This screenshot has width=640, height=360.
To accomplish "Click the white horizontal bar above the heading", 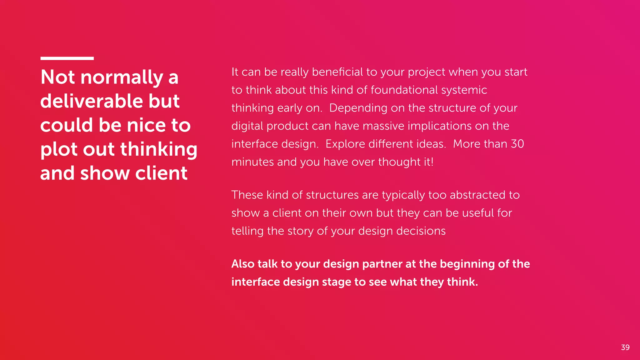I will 67,58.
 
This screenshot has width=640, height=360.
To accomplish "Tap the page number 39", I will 625,347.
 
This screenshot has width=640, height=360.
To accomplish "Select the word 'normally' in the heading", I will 122,77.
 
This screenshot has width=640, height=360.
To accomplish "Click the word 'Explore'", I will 345,144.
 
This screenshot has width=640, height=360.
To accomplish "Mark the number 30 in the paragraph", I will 517,144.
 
